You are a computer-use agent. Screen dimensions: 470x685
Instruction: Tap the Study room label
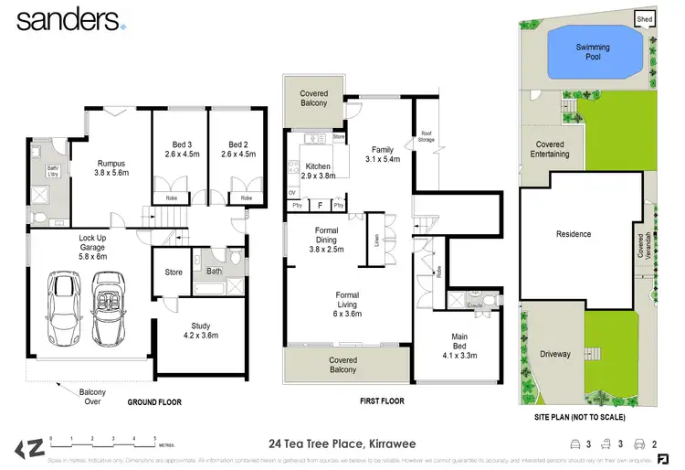201,330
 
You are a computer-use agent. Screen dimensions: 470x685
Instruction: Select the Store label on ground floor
174,272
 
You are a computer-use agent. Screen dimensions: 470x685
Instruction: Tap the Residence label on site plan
574,234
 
